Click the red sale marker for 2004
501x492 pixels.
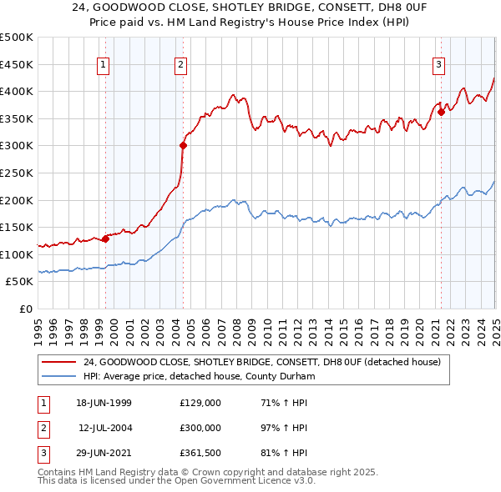(x=183, y=145)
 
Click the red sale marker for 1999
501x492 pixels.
(x=106, y=238)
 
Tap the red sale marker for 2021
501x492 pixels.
(x=441, y=112)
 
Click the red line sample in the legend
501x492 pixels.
(x=58, y=363)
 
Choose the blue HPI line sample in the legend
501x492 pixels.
(x=58, y=376)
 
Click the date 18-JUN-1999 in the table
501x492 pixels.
(x=104, y=403)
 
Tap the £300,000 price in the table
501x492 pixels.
(x=200, y=428)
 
